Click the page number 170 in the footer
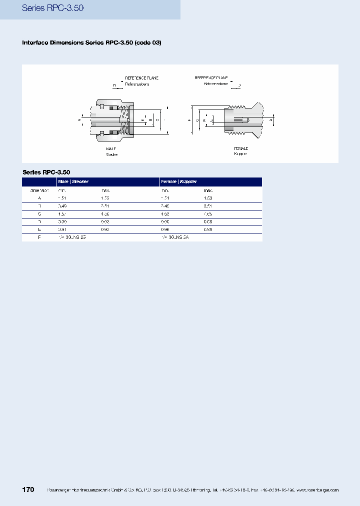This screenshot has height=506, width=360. tap(28, 489)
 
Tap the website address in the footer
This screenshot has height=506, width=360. tap(317, 490)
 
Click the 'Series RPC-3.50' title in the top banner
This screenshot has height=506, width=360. tap(49, 8)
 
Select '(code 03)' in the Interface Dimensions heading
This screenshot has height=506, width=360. tap(148, 42)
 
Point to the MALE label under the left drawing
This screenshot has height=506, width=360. tap(111, 148)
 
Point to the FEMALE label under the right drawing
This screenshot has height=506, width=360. tap(241, 148)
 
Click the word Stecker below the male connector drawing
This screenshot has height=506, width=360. tap(112, 154)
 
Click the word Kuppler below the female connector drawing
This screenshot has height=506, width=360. tap(241, 154)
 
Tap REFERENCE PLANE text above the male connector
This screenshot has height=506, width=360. tap(141, 78)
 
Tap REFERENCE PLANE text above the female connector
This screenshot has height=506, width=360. tap(211, 78)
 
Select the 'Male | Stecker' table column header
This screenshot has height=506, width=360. tap(73, 181)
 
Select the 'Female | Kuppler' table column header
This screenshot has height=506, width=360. tap(179, 181)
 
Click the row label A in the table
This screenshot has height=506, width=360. tap(39, 198)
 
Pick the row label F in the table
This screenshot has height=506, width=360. tap(39, 237)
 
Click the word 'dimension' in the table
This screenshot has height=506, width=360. tap(39, 190)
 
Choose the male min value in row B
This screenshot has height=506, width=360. tap(62, 206)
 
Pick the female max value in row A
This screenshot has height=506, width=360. tap(208, 198)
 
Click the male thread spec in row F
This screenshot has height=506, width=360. tap(72, 237)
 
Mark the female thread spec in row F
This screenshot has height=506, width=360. tap(175, 237)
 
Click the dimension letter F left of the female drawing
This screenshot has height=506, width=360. tap(189, 120)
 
